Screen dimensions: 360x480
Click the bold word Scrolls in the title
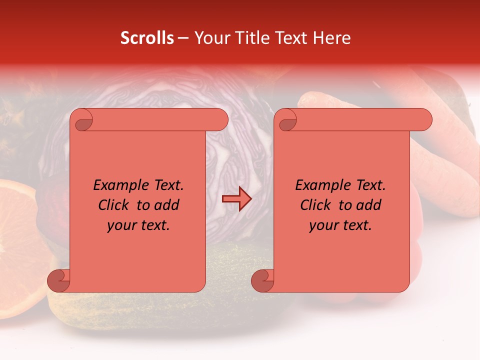147,38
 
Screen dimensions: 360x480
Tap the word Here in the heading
332,38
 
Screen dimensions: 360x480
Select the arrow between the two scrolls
236,199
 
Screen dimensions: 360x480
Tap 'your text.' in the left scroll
138,225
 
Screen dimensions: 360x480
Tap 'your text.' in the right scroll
340,225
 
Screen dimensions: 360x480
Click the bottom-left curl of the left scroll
59,281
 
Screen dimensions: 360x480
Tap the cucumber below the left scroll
150,310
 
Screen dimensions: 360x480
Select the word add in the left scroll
167,205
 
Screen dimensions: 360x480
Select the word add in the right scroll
369,205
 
